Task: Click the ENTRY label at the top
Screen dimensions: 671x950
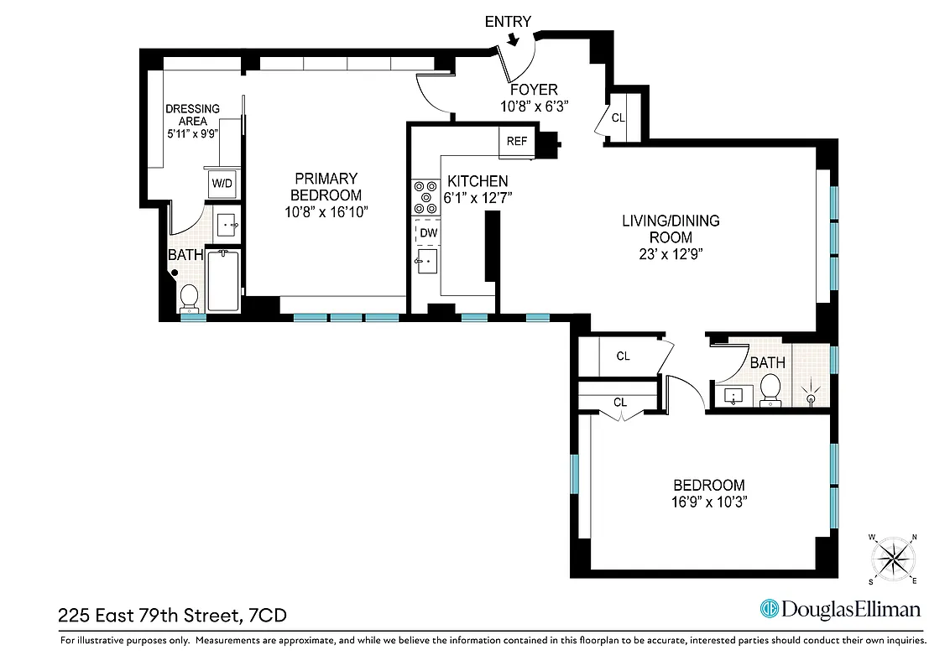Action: [508, 22]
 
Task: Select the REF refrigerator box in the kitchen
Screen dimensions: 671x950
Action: [517, 141]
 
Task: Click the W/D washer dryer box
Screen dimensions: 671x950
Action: [222, 183]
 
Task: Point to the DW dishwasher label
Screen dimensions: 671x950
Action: [428, 232]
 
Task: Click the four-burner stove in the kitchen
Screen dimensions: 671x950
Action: [420, 197]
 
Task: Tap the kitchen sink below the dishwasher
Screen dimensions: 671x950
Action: [425, 262]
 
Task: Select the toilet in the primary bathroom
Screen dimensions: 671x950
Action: [189, 296]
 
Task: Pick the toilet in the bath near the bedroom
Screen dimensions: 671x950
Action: [770, 388]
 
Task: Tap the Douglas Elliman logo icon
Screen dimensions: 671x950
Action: [769, 609]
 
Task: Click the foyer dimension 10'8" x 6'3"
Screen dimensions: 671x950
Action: [529, 107]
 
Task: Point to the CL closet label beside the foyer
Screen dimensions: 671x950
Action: [618, 118]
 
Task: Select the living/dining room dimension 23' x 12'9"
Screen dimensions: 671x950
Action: [671, 253]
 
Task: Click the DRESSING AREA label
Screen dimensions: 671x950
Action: [192, 114]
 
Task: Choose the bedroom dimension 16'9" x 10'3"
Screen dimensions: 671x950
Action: [709, 502]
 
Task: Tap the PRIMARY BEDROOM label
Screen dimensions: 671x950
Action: [326, 186]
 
